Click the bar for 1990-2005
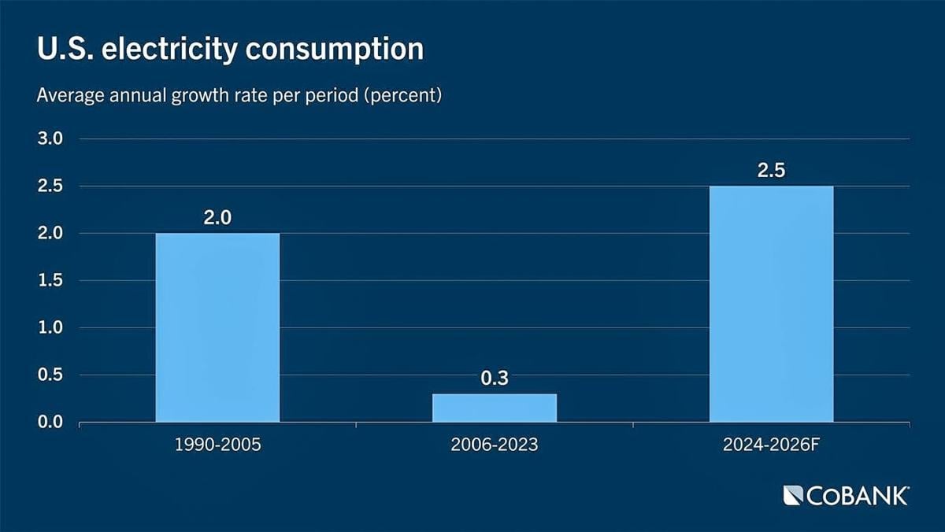(x=217, y=327)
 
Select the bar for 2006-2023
(x=495, y=408)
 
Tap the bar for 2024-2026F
(x=771, y=304)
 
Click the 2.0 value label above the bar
(x=217, y=218)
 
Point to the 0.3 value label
(x=495, y=379)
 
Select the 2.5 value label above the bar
(x=771, y=171)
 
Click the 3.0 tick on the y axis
(x=49, y=139)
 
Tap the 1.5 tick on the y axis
(x=49, y=281)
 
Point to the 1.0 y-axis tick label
(x=49, y=328)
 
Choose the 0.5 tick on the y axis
(x=49, y=375)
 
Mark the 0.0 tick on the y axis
(x=49, y=423)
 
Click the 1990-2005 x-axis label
(x=217, y=445)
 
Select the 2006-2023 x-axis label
(x=495, y=445)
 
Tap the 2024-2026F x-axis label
(x=771, y=445)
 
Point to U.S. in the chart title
(x=61, y=49)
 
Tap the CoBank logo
(x=846, y=496)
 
